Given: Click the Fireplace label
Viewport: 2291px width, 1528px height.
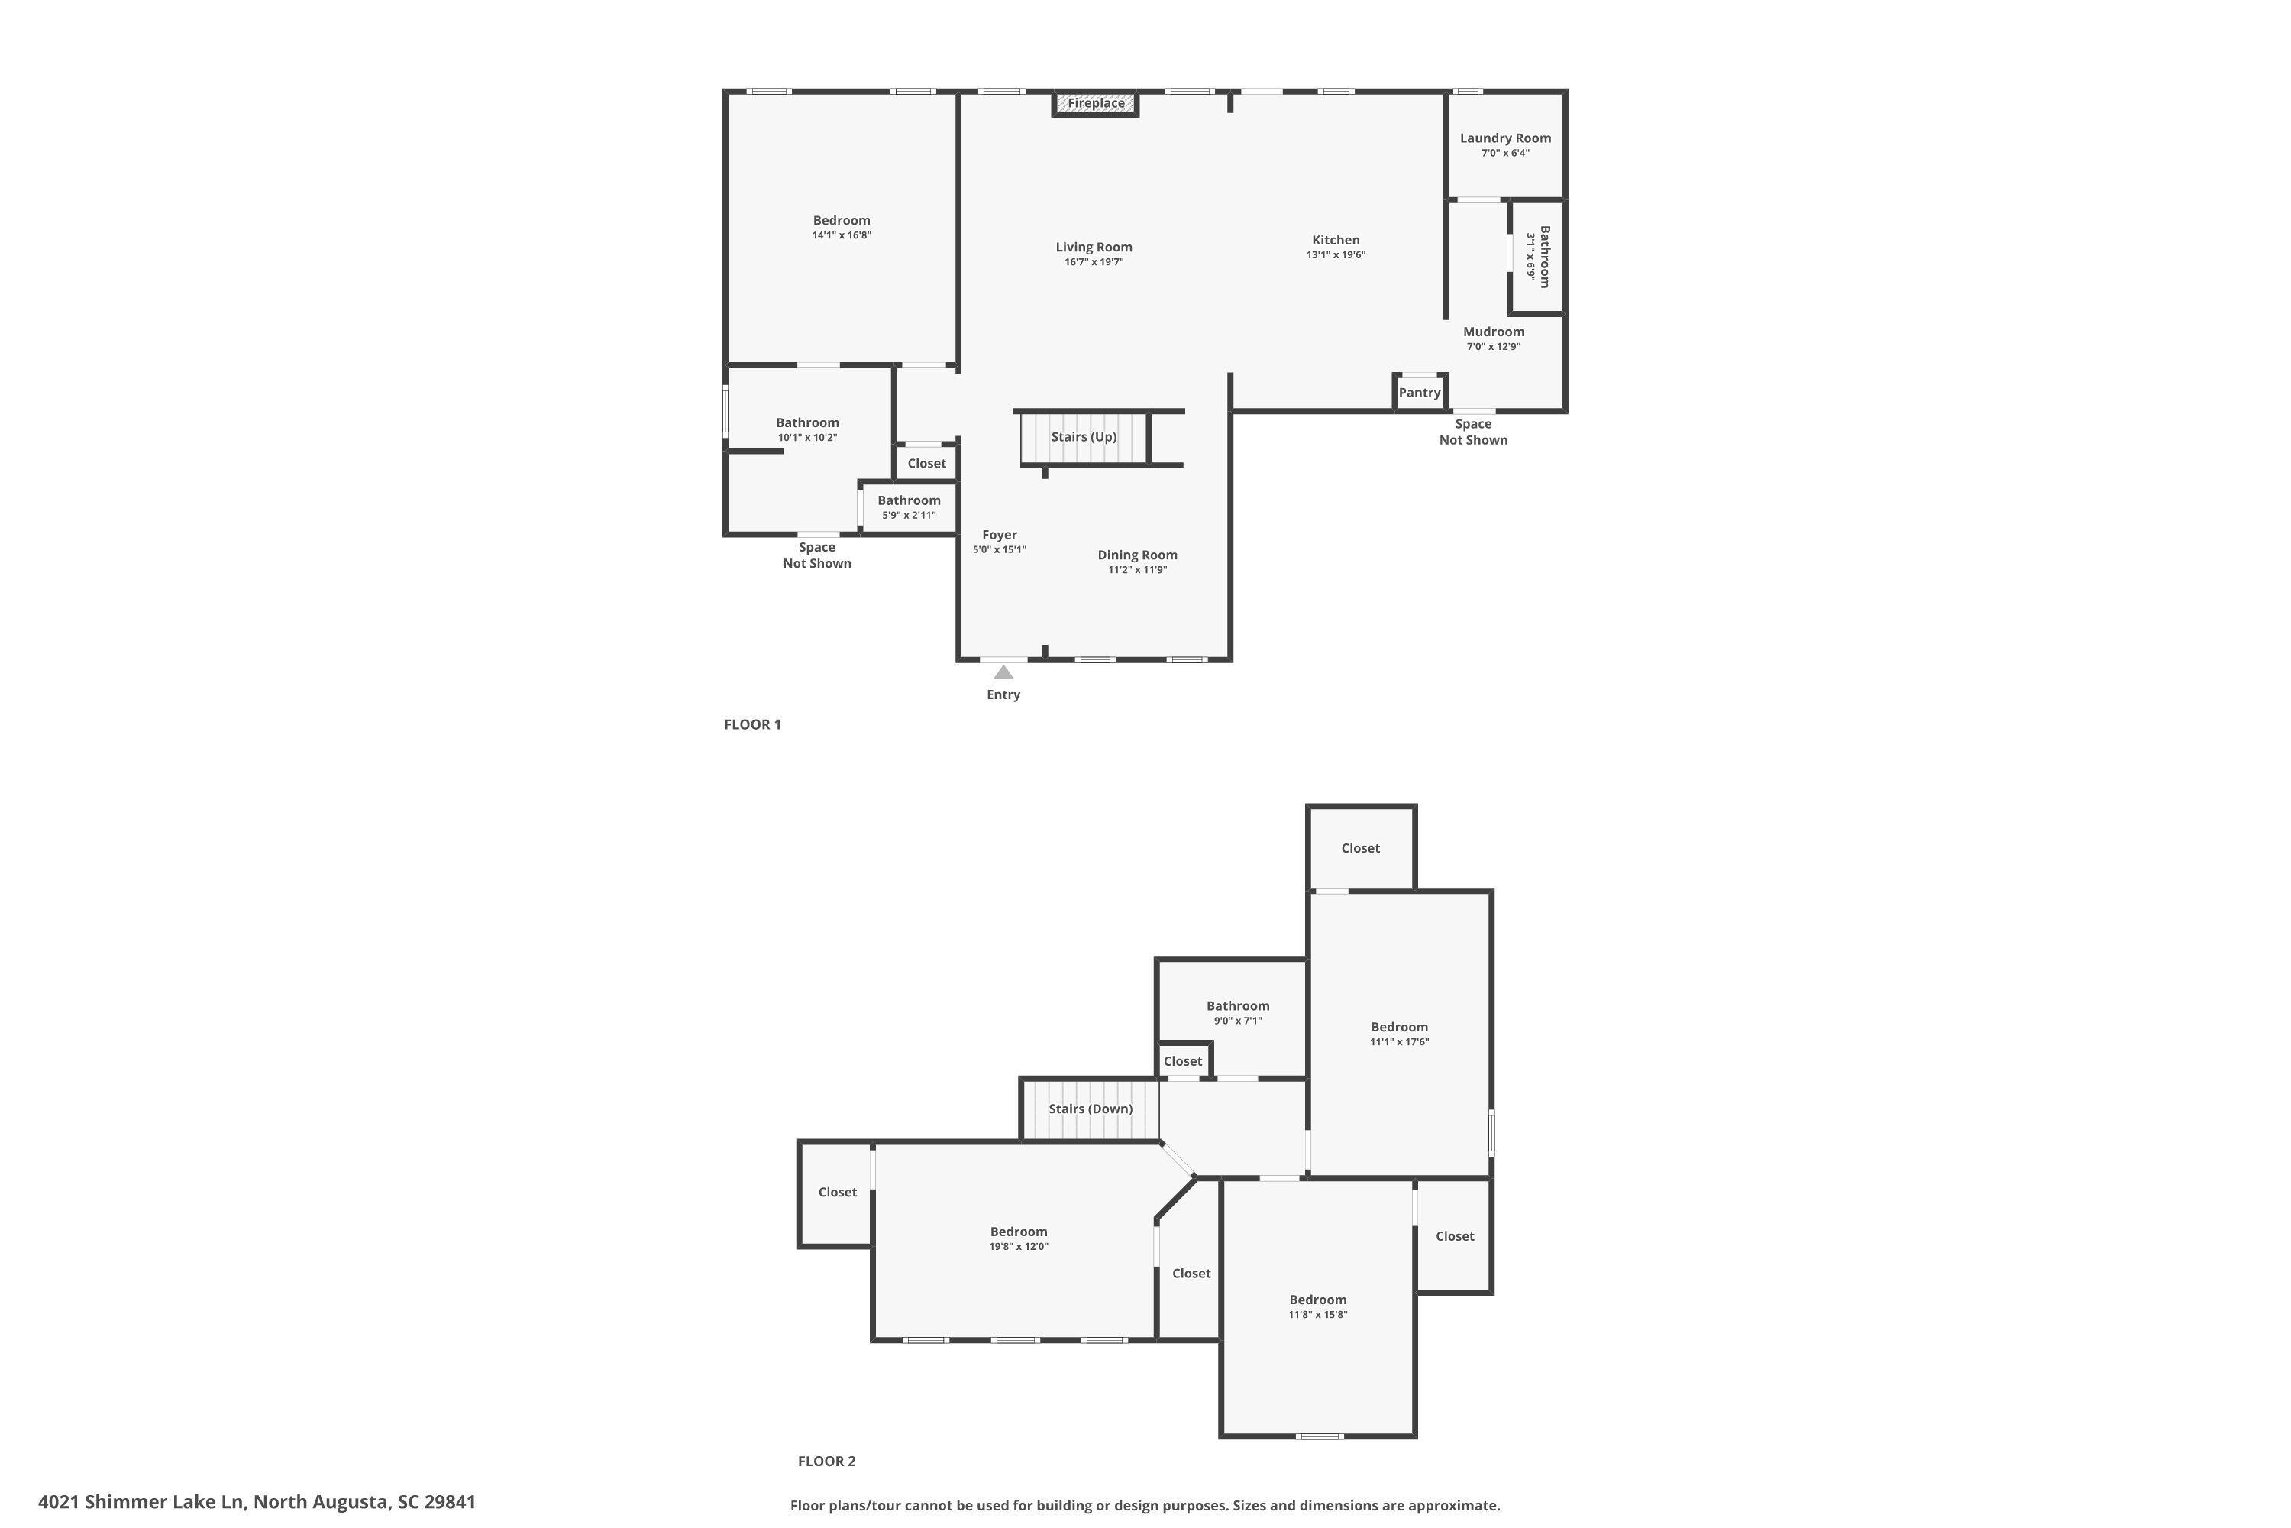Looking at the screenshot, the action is [x=1096, y=103].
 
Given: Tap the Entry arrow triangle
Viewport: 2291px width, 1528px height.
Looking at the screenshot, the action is [x=1003, y=672].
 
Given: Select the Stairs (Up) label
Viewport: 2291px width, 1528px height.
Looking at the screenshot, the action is [x=1083, y=436].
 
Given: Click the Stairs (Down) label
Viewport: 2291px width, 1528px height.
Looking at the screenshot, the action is [x=1090, y=1109].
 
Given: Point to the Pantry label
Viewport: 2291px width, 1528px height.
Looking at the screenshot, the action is [x=1419, y=393].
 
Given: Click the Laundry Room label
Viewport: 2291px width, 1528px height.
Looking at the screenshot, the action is [x=1505, y=138].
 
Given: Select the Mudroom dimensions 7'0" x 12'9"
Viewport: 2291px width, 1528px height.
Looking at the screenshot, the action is [x=1493, y=347].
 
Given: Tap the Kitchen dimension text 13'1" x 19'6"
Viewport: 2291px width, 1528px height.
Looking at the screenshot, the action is [x=1336, y=255].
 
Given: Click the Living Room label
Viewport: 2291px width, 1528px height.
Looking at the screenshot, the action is [x=1094, y=248].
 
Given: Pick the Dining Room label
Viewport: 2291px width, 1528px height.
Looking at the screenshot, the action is [x=1137, y=555].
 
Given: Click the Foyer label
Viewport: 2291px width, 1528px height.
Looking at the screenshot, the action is [x=1000, y=535].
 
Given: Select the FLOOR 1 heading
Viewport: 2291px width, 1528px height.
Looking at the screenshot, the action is [x=752, y=724].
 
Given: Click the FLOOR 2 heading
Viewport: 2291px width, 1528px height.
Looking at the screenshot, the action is [x=826, y=1461].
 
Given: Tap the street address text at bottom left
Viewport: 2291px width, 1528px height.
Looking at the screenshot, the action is [x=257, y=1502].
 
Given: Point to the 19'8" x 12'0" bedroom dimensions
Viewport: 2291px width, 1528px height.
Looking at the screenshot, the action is [x=1019, y=1246].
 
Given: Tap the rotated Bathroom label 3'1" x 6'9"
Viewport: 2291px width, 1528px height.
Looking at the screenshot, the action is [x=1538, y=257].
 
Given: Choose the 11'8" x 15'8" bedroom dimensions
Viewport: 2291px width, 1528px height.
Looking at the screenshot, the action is [x=1318, y=1315].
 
